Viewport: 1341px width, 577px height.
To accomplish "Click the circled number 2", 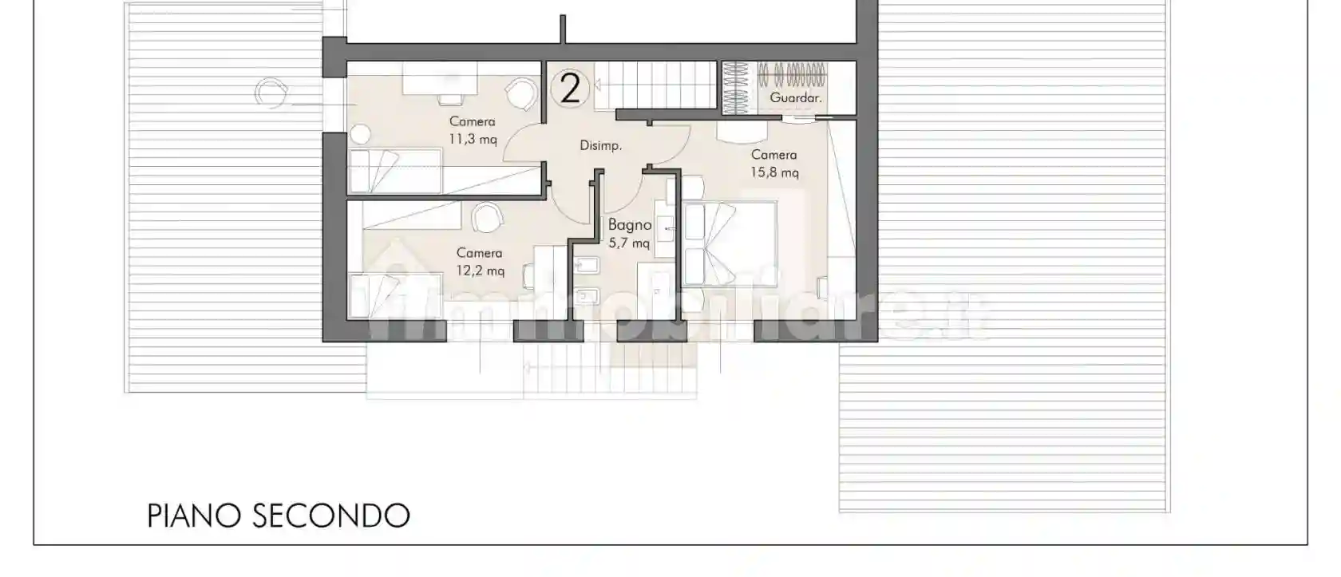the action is [570, 89].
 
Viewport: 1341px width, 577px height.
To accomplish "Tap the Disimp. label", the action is [600, 145].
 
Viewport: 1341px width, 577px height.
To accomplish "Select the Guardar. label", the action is [796, 97].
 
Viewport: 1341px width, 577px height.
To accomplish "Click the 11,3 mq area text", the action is [473, 140].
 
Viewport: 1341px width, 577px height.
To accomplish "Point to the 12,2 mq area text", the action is [481, 271].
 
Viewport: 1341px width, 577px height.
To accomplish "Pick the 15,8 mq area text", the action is [774, 172].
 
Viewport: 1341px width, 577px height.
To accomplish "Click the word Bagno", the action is [630, 225].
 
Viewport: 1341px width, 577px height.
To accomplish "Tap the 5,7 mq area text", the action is [629, 243].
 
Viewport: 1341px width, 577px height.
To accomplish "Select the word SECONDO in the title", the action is [331, 516].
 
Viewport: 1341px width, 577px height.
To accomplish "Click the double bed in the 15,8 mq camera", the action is [730, 243].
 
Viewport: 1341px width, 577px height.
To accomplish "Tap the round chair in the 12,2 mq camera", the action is [487, 218].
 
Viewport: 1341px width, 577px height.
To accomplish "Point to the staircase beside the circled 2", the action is [655, 85].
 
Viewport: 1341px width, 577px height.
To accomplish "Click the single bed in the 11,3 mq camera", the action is [395, 171].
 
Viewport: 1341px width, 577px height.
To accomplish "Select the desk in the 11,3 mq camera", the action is [440, 78].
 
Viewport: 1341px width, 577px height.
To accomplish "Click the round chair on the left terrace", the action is [271, 93].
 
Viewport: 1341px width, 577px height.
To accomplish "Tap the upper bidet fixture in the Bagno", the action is [587, 265].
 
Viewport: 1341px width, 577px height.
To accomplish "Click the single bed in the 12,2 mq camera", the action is [396, 295].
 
